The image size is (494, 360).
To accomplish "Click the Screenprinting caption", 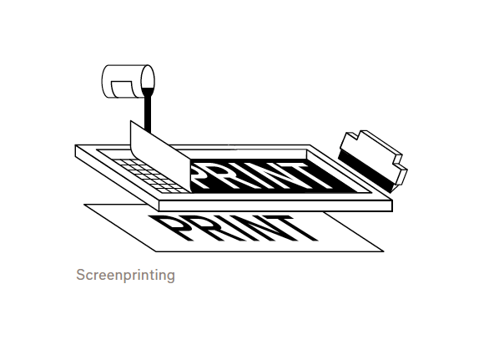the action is (x=125, y=275).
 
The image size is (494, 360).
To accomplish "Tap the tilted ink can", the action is (x=129, y=82).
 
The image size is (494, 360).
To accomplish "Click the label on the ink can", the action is (x=122, y=89).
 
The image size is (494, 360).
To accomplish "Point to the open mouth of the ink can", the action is (x=148, y=81).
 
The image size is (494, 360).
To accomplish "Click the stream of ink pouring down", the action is (x=148, y=110).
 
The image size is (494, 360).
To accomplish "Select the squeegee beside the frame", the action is (x=373, y=160).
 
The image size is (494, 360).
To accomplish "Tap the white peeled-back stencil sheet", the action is (x=159, y=156).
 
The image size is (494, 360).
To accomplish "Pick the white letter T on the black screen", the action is (x=310, y=175).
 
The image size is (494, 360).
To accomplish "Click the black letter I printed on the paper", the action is (x=229, y=229).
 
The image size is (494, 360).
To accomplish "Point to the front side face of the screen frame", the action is (x=275, y=205).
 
